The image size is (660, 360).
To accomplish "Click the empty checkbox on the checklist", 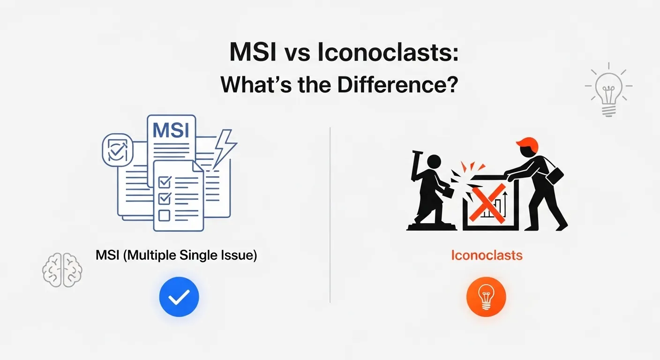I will point(165,215).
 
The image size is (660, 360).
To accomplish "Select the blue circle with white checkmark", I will point(179,297).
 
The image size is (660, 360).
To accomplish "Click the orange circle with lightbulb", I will point(487,297).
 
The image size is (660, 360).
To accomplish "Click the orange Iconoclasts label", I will point(487,255).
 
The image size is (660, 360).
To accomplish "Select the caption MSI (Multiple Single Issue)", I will point(176,256).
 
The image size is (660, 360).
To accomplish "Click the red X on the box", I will point(489,202).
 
